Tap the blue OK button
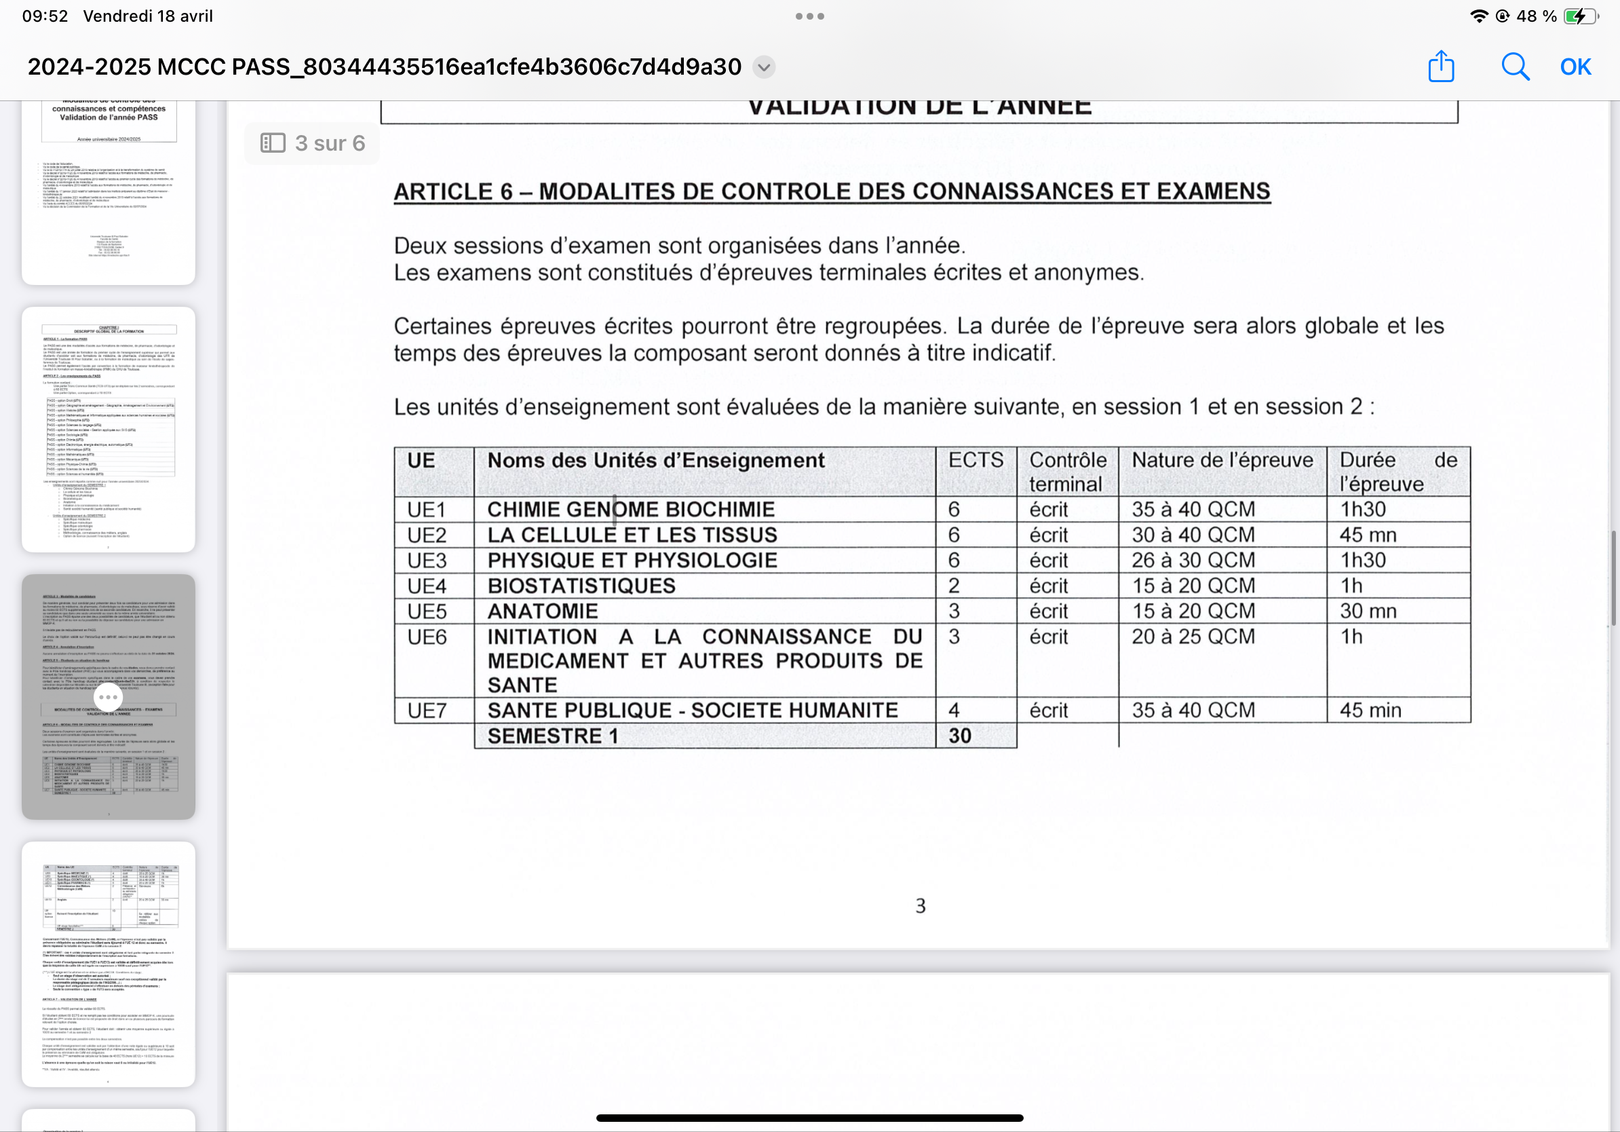click(x=1575, y=67)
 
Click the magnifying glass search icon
click(x=1514, y=67)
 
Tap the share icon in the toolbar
click(x=1441, y=67)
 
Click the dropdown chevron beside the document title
click(x=763, y=67)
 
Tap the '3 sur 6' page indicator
click(x=313, y=143)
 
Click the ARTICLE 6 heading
click(x=832, y=191)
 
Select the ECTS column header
click(x=975, y=460)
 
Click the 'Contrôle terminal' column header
click(x=1067, y=472)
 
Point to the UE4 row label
click(x=427, y=586)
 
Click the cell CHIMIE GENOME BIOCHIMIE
click(x=631, y=510)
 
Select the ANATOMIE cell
click(x=543, y=611)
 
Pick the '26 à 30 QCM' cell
click(x=1193, y=561)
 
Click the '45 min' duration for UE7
click(x=1370, y=710)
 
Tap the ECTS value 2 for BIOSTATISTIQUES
click(x=954, y=586)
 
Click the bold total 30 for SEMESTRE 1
click(x=959, y=736)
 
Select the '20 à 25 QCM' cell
click(x=1193, y=637)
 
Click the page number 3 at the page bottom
click(x=920, y=905)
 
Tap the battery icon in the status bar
click(x=1579, y=16)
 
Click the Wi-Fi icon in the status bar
click(x=1478, y=16)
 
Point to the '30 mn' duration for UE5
click(x=1368, y=611)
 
